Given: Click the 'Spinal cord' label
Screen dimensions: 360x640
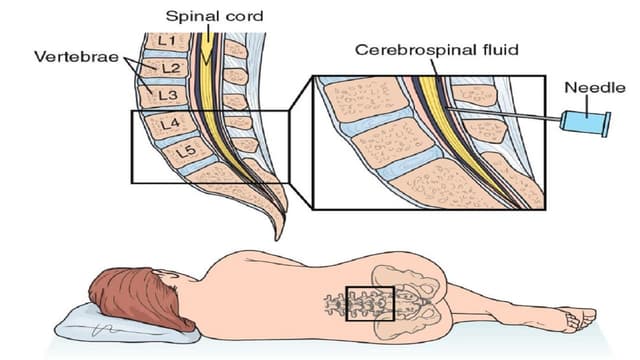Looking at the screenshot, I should click(214, 16).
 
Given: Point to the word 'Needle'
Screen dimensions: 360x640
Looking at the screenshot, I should click(590, 88).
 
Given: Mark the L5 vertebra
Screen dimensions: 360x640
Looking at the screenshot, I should click(181, 154).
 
